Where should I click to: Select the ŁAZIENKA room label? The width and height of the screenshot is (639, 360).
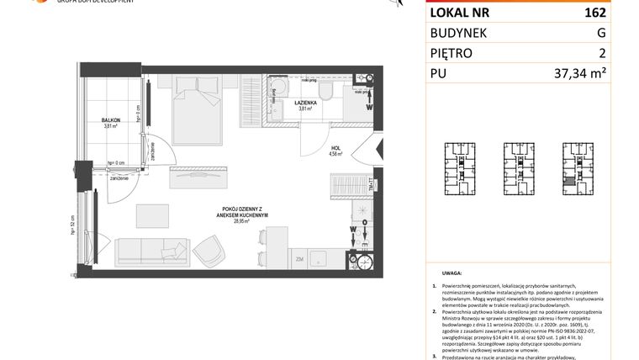click(x=304, y=103)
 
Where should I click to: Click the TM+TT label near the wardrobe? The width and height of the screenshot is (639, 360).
click(x=371, y=183)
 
